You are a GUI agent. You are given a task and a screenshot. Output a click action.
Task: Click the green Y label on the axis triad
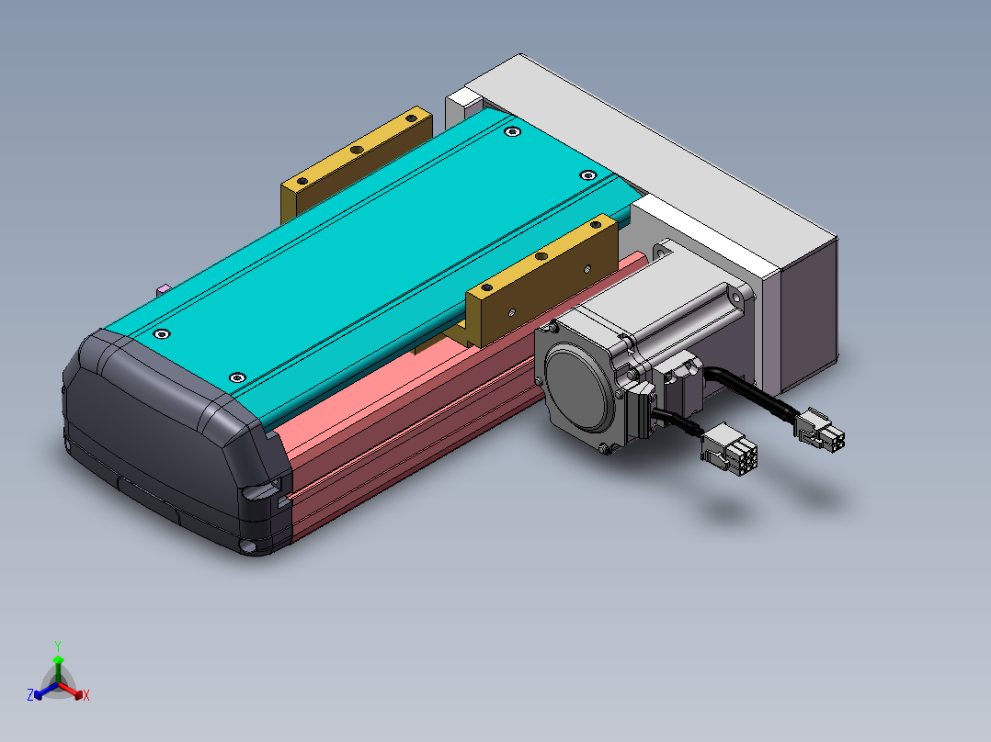click(x=58, y=646)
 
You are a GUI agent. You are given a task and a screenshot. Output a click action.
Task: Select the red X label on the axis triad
click(x=86, y=695)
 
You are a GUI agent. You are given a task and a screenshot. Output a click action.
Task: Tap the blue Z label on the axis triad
click(x=30, y=694)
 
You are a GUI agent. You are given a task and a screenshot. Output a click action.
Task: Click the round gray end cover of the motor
click(x=579, y=389)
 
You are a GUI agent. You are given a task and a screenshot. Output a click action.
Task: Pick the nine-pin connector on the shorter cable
click(x=728, y=448)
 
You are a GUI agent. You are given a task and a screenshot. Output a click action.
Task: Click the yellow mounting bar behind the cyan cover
click(x=356, y=164)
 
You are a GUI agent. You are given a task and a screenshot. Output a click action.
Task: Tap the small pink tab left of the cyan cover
click(x=163, y=290)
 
